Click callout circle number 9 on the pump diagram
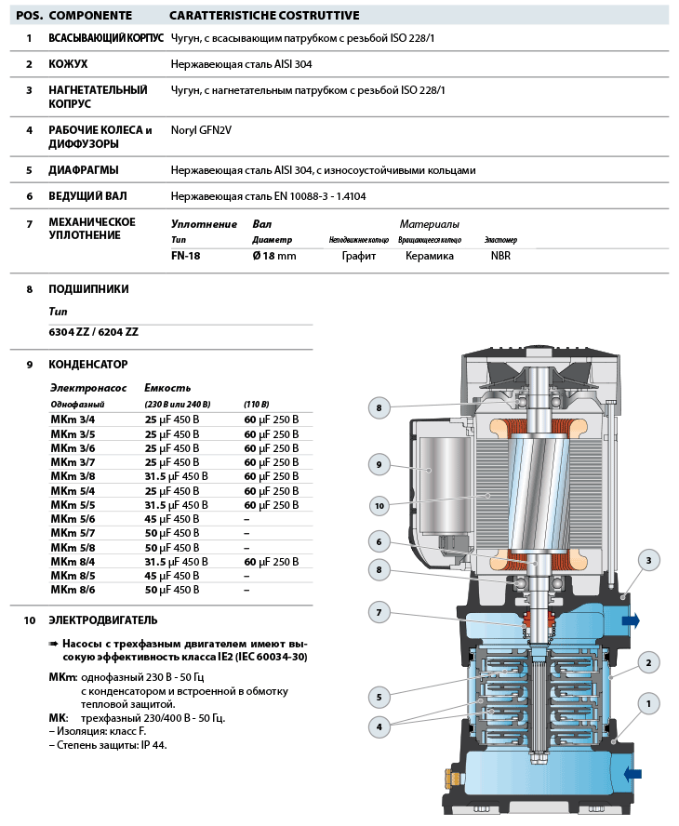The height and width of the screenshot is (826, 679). tap(379, 463)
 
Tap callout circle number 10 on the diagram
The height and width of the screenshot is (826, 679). tap(379, 506)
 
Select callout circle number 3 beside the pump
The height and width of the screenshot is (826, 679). tap(649, 559)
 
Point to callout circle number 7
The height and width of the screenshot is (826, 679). tap(379, 612)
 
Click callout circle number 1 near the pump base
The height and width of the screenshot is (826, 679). tap(649, 704)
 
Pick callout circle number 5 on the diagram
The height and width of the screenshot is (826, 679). tap(379, 696)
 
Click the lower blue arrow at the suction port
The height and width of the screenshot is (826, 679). tap(632, 773)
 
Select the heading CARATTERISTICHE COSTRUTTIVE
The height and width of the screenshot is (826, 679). tap(250, 16)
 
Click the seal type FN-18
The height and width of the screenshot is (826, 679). tap(185, 256)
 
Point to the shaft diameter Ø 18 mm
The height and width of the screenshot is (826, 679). tap(274, 256)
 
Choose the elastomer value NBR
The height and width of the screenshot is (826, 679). tap(500, 256)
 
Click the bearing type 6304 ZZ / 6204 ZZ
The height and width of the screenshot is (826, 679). tap(93, 332)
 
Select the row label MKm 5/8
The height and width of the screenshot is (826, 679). tap(73, 548)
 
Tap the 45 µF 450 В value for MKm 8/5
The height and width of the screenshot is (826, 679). tap(171, 576)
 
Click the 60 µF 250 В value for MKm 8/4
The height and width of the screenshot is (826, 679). tap(272, 562)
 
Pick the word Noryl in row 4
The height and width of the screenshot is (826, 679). tap(185, 130)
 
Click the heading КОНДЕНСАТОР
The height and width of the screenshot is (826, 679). tap(88, 365)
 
